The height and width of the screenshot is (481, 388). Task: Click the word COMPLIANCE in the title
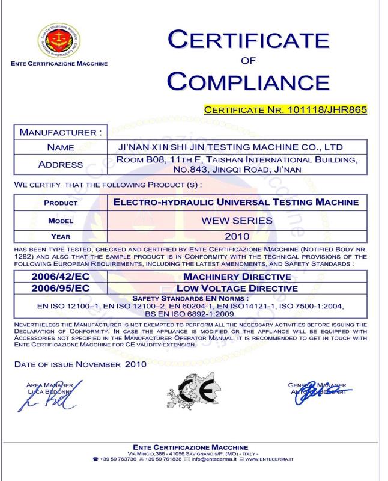point(248,81)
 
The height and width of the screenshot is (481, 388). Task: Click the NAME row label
point(61,147)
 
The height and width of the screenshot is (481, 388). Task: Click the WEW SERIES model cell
point(236,221)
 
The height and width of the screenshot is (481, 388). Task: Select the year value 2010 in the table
point(236,236)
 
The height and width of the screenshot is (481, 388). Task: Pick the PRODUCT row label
point(61,203)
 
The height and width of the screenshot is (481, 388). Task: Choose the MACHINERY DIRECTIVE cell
point(237,277)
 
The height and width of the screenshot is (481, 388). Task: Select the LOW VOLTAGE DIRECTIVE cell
point(237,289)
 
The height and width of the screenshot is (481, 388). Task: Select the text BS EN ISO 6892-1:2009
point(195,313)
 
